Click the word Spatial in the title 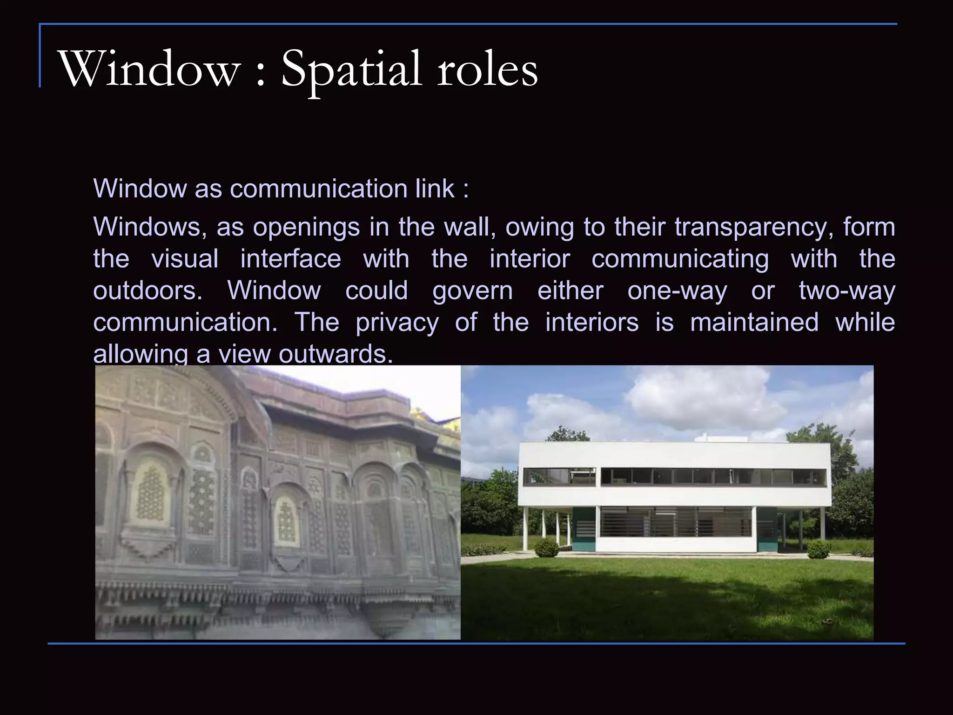click(x=351, y=70)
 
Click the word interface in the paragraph click(x=290, y=259)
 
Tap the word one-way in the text click(x=677, y=290)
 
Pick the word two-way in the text click(x=847, y=290)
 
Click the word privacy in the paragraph click(x=397, y=322)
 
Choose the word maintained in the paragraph click(x=754, y=322)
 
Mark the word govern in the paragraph click(x=472, y=290)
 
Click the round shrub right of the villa click(x=819, y=549)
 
